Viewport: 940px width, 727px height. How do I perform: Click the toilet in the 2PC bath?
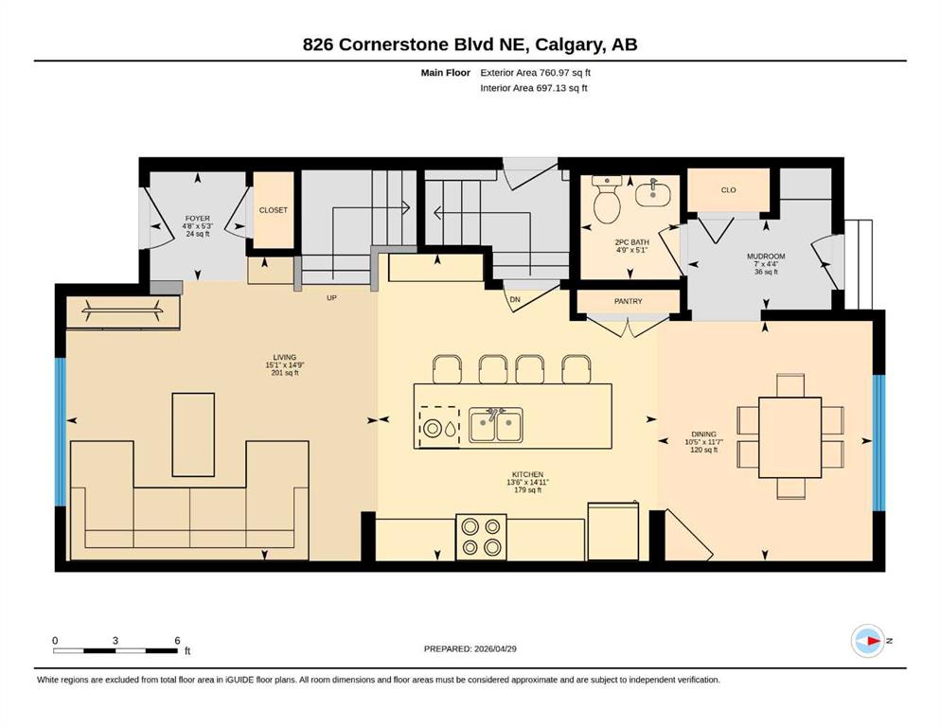pyautogui.click(x=607, y=199)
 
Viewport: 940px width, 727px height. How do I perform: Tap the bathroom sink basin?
pyautogui.click(x=653, y=193)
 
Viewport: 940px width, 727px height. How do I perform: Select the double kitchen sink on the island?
pyautogui.click(x=495, y=425)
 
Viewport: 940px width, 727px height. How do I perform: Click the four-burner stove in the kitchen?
pyautogui.click(x=481, y=537)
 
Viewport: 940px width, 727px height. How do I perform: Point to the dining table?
pyautogui.click(x=789, y=437)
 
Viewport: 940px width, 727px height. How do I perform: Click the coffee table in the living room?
pyautogui.click(x=193, y=434)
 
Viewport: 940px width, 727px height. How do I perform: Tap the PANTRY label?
pyautogui.click(x=629, y=301)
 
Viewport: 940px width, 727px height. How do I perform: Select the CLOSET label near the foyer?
pyautogui.click(x=274, y=210)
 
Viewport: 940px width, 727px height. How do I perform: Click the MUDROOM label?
pyautogui.click(x=766, y=257)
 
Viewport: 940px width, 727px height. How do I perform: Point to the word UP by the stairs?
pyautogui.click(x=331, y=298)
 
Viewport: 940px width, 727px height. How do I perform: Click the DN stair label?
pyautogui.click(x=514, y=300)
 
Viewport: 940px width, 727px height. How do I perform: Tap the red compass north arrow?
pyautogui.click(x=874, y=641)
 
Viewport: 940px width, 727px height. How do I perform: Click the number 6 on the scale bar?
pyautogui.click(x=177, y=641)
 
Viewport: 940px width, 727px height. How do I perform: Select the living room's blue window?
pyautogui.click(x=60, y=432)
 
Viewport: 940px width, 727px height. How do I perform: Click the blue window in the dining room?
pyautogui.click(x=878, y=443)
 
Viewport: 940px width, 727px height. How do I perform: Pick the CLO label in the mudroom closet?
pyautogui.click(x=728, y=190)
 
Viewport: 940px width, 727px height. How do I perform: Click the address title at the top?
pyautogui.click(x=470, y=44)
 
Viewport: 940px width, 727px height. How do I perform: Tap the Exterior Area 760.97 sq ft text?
pyautogui.click(x=536, y=73)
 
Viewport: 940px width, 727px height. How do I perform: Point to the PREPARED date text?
pyautogui.click(x=470, y=648)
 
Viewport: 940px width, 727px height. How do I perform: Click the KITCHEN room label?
pyautogui.click(x=527, y=474)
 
